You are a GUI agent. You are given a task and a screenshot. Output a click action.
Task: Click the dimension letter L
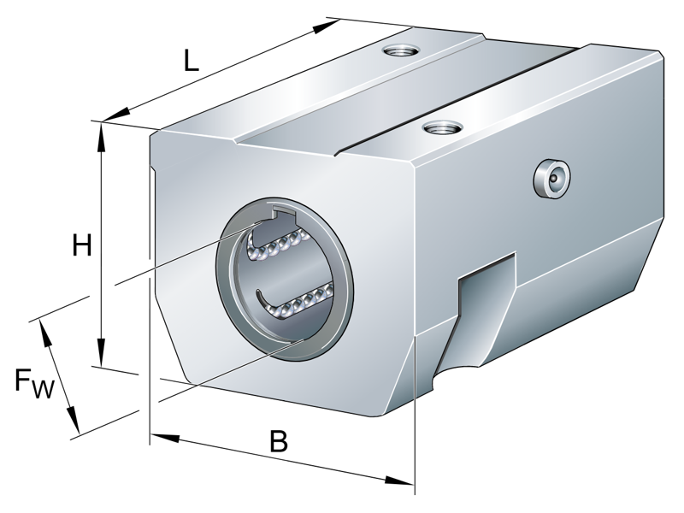coord(191,61)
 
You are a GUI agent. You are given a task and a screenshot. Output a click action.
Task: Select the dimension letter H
coord(81,245)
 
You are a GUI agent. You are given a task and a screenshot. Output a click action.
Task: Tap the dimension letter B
coord(279,442)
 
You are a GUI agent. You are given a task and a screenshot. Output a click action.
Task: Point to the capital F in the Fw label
coord(26,379)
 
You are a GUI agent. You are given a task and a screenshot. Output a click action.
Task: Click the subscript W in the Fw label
coord(44,391)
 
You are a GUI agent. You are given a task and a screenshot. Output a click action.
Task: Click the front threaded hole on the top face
coord(441,130)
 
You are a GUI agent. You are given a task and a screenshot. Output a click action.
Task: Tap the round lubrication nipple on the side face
coord(551,178)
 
